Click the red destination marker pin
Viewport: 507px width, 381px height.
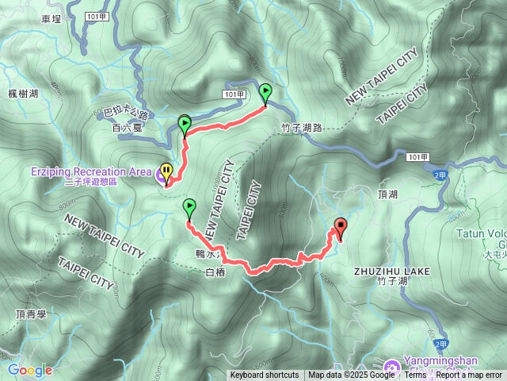341,228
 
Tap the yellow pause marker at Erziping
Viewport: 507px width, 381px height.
166,172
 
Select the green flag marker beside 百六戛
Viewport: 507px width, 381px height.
185,124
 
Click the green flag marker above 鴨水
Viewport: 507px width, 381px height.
189,208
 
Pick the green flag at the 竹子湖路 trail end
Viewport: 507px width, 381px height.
265,92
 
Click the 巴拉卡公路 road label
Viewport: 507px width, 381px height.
126,113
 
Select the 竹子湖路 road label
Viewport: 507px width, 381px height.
301,127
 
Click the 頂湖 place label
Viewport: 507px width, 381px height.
388,194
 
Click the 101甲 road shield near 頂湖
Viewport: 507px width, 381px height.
419,158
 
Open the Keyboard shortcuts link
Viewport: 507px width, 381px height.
265,375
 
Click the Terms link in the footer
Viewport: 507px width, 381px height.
415,375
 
